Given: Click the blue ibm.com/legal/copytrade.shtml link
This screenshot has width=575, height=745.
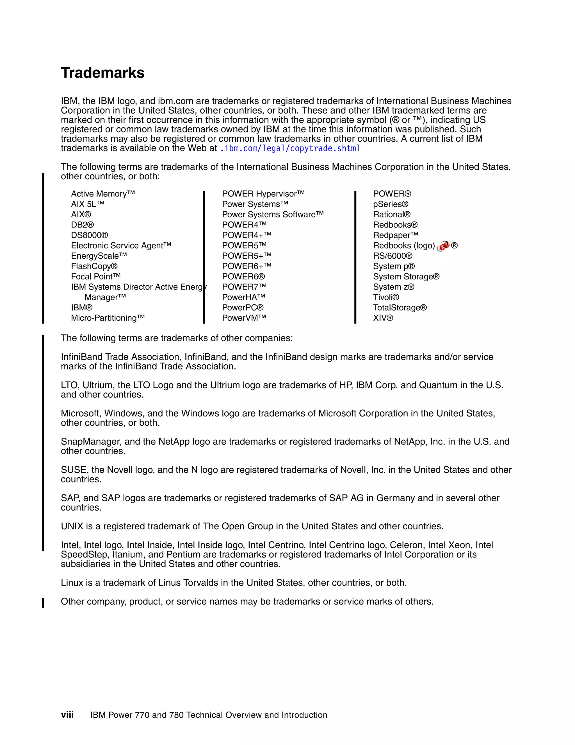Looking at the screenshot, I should (x=290, y=148).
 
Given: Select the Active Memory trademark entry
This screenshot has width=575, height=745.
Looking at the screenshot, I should (x=103, y=194).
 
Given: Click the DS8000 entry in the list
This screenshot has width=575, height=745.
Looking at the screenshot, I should (x=89, y=235).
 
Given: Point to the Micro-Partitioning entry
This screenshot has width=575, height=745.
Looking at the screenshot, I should (x=108, y=318).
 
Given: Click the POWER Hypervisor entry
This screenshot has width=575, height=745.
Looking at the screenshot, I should (x=263, y=194).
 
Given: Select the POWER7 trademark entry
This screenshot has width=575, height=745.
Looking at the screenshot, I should (x=244, y=287).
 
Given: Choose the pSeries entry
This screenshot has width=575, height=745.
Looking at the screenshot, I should (x=390, y=204).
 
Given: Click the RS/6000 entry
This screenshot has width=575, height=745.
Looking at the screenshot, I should (x=393, y=256).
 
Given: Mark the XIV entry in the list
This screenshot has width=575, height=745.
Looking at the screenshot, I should (x=383, y=318).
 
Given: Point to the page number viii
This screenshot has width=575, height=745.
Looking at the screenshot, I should (x=67, y=715).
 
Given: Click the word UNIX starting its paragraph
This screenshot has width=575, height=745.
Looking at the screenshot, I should (x=72, y=526).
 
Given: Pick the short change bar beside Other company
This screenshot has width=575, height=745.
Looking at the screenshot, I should (x=43, y=603).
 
